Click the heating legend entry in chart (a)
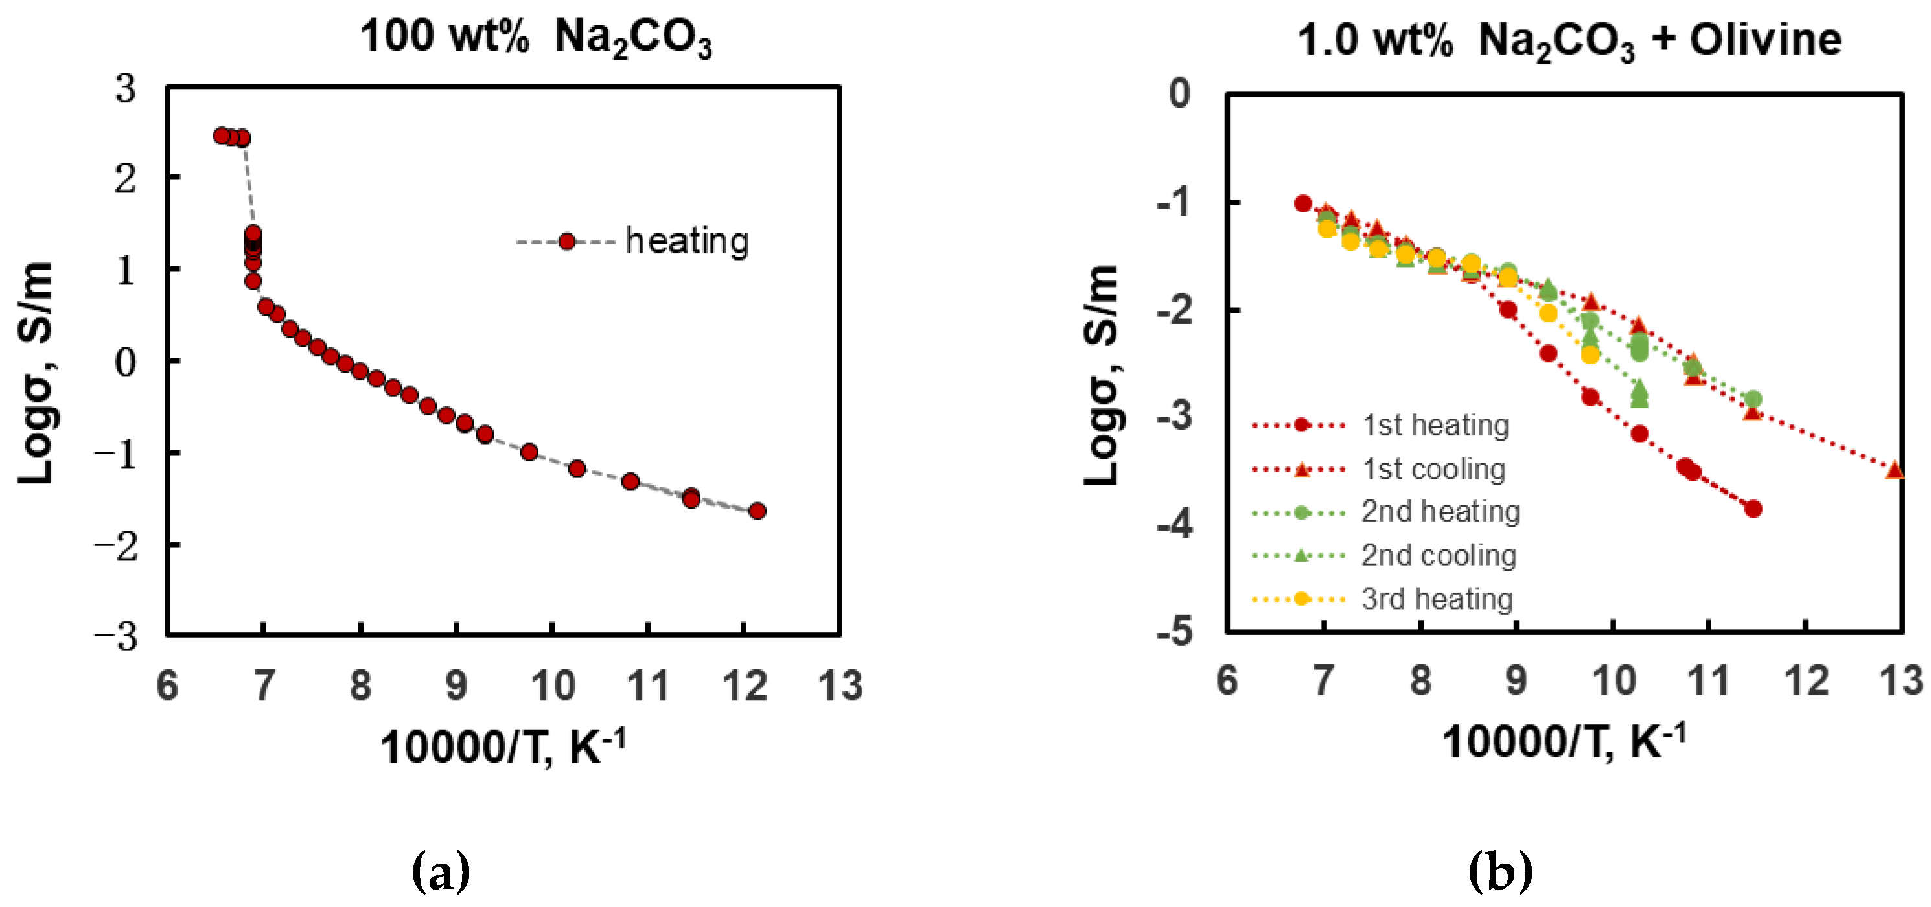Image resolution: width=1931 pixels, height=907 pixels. coord(686,242)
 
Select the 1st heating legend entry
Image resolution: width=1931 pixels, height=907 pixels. coord(1434,425)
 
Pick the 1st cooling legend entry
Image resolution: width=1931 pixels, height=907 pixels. coord(1433,469)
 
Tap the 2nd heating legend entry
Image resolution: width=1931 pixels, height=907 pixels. coord(1439,511)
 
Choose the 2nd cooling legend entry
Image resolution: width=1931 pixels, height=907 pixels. coord(1438,555)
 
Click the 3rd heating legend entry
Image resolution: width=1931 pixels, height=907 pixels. coord(1436,599)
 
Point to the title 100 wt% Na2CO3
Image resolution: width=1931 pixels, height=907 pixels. coord(535,38)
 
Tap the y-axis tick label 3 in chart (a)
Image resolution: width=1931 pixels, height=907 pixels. coord(126,89)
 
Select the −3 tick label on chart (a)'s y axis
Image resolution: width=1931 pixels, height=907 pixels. coord(116,636)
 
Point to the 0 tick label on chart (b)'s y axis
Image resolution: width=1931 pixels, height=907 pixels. coord(1179,94)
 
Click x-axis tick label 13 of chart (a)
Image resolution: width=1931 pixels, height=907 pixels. coord(840,685)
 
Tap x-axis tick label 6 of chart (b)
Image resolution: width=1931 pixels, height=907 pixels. coord(1227,681)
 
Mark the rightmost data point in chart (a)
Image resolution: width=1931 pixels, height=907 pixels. coord(757,511)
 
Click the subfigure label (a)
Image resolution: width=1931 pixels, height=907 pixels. coord(441,870)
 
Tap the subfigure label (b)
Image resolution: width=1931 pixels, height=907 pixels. coord(1500,870)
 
